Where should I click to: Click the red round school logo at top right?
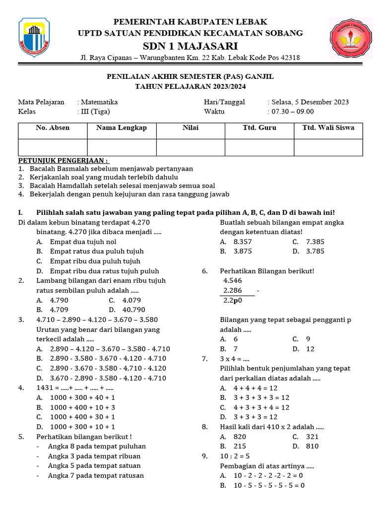(352, 40)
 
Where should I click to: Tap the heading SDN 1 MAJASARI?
(190, 46)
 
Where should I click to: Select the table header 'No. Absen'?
(53, 128)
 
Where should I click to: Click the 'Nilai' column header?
(190, 128)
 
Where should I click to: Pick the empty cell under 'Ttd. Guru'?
(259, 147)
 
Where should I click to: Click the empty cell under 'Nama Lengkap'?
(122, 147)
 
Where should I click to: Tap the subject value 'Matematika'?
(99, 102)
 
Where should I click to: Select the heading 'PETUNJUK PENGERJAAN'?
(63, 161)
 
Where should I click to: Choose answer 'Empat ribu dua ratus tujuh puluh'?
(104, 271)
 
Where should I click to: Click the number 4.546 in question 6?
(233, 281)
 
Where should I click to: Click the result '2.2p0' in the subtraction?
(233, 301)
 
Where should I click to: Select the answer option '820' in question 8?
(240, 437)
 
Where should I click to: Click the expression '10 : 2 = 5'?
(235, 456)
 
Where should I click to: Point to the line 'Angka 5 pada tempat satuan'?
(94, 466)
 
